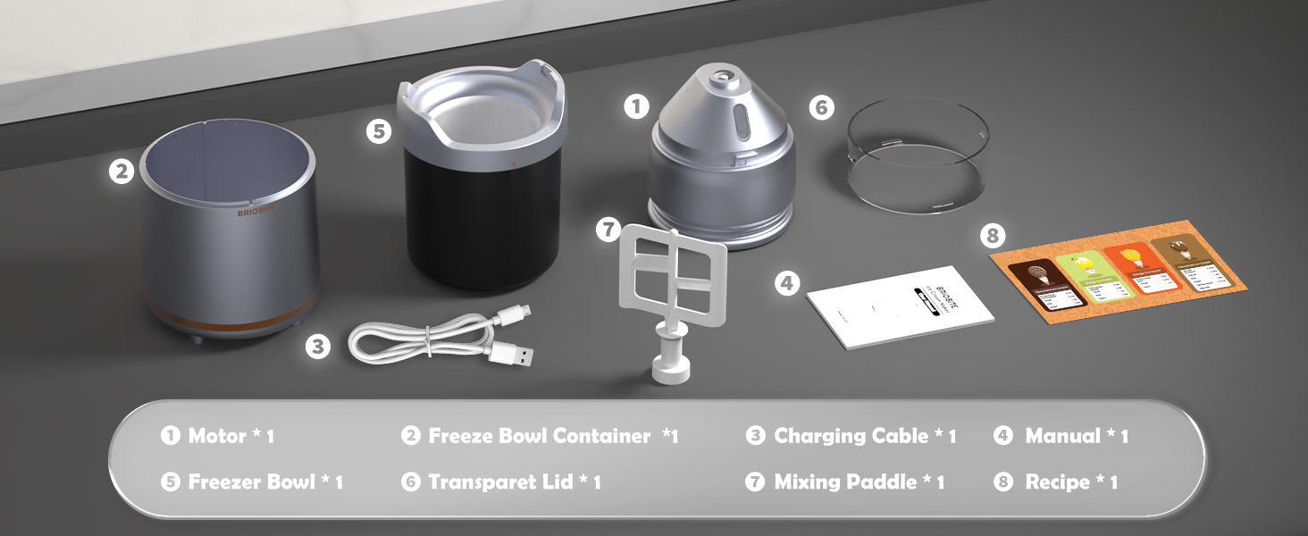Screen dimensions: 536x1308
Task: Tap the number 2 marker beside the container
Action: (x=122, y=171)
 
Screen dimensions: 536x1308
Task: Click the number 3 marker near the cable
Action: (x=317, y=346)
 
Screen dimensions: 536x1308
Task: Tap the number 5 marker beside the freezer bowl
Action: (x=379, y=130)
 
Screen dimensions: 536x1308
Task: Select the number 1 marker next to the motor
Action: (x=636, y=107)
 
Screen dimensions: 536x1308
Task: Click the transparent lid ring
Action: (x=918, y=156)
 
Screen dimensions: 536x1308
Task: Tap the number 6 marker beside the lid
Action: (x=821, y=108)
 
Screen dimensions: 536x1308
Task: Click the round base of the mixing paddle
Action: (x=670, y=369)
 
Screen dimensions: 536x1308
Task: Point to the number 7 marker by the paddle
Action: (x=608, y=229)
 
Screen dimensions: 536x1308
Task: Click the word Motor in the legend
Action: (x=217, y=436)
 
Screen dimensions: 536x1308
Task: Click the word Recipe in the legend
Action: (x=1058, y=482)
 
